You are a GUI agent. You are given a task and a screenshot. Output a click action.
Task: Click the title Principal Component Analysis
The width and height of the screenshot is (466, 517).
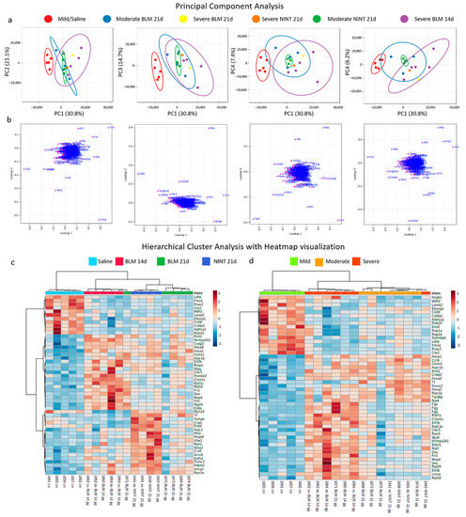(x=233, y=6)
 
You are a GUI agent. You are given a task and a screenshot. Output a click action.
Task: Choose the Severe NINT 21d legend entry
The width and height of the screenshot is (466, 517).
(x=224, y=18)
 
